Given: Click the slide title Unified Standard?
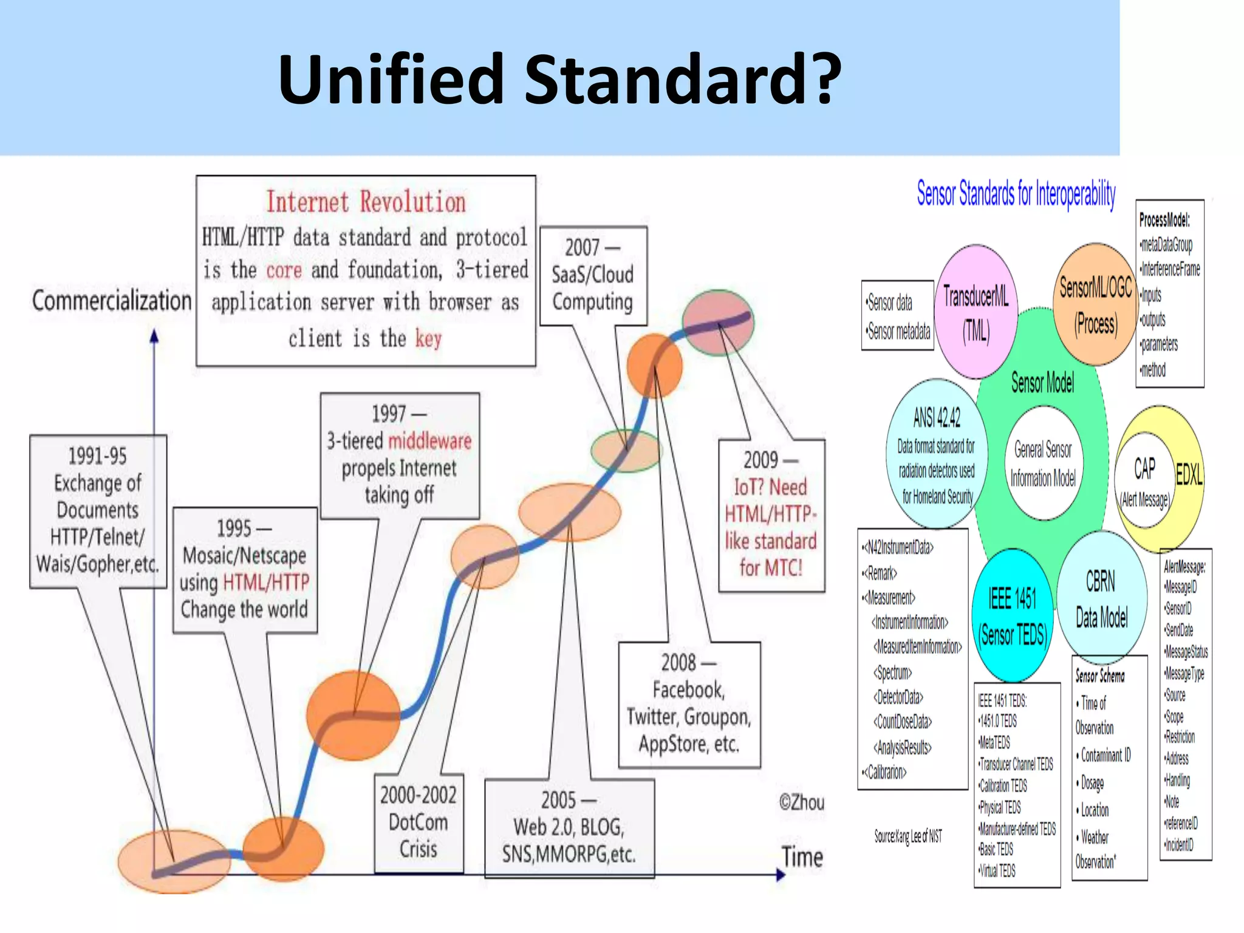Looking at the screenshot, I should point(559,80).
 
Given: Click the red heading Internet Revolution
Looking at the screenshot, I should point(366,202).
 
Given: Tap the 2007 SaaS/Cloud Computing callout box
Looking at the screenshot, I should point(593,275).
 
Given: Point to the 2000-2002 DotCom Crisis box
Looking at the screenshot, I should point(419,822).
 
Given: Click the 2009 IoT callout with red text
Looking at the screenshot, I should point(771,515).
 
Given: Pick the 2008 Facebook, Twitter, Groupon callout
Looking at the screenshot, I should point(689,703).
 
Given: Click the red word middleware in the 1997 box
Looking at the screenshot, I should point(429,440).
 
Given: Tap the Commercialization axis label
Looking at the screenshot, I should point(111,301).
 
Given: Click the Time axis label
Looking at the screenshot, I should point(802,857).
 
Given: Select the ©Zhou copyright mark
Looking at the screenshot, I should point(802,802).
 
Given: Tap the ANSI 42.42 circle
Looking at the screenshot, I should point(937,453).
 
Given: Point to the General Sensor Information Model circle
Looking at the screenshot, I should point(1043,463).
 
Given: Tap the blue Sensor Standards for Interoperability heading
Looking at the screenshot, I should point(1016,194).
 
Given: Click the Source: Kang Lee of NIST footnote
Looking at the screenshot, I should point(908,836).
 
